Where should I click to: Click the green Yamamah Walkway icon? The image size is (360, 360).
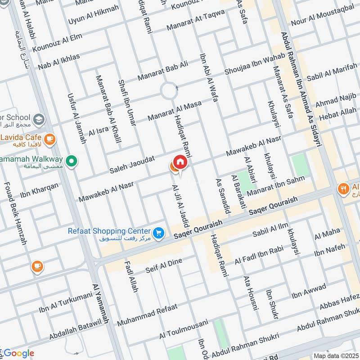[71, 160]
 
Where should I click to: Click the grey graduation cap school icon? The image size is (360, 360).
[39, 119]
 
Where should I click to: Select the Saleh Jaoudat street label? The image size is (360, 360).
[132, 165]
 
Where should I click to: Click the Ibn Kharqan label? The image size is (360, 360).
[39, 190]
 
